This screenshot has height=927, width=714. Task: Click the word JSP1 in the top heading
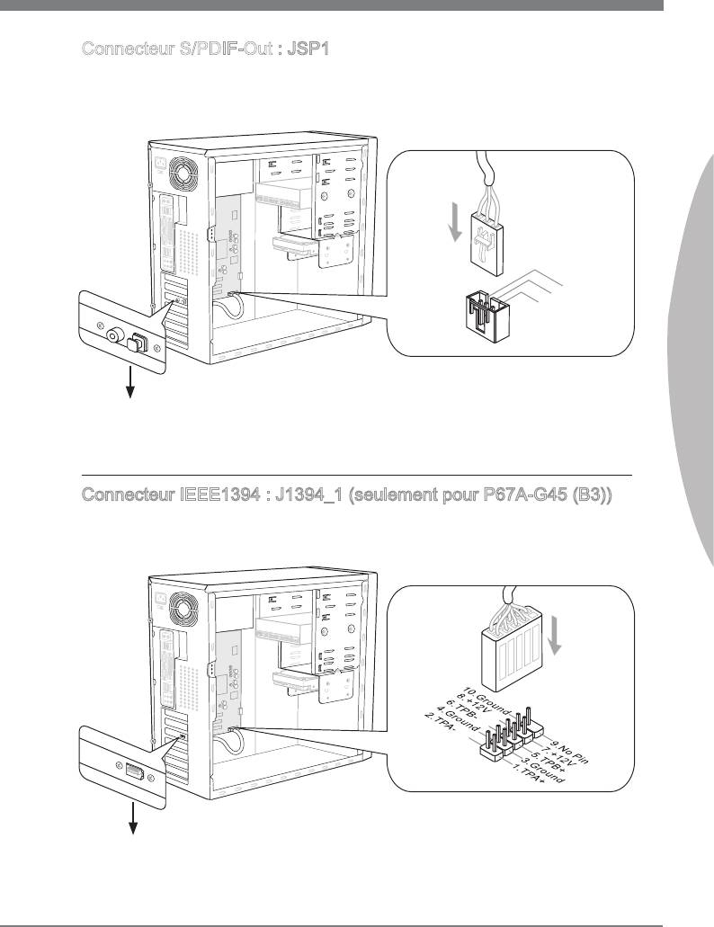pos(308,49)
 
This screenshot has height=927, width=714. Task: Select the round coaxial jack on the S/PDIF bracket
pos(115,337)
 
